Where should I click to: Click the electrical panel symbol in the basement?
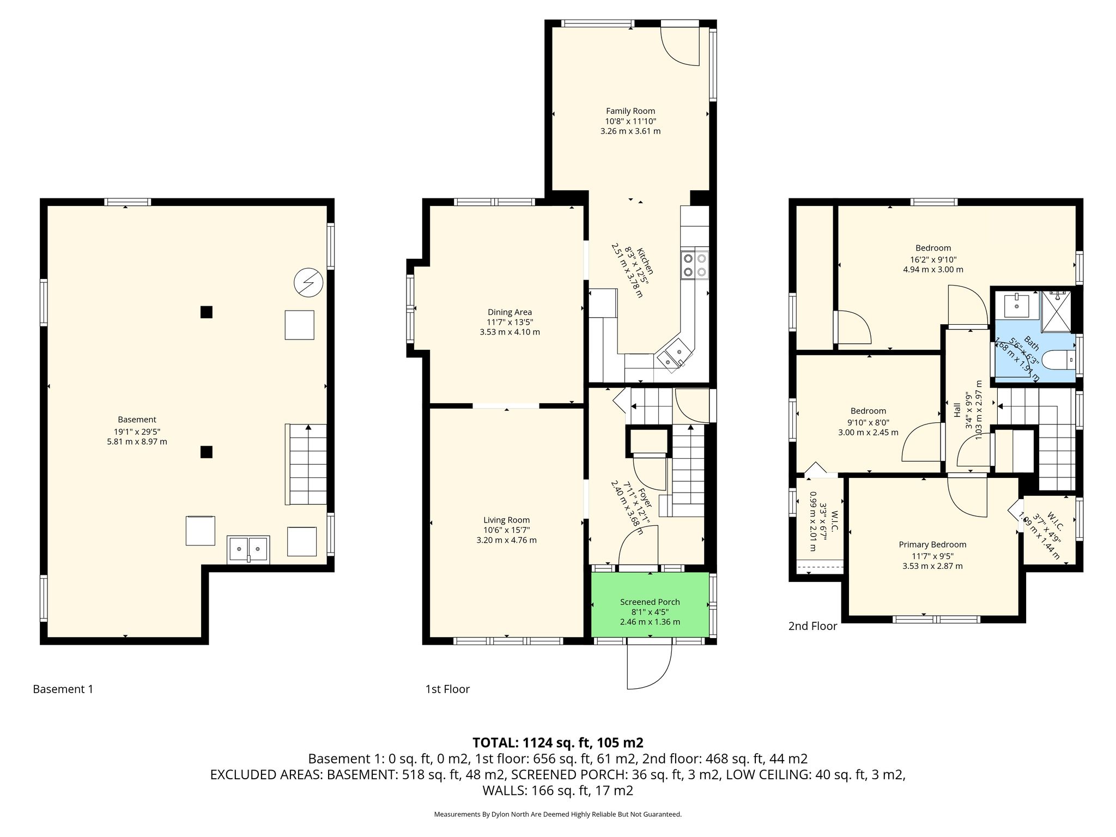tap(308, 282)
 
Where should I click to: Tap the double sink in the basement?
tap(248, 549)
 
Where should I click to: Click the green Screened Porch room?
tap(650, 604)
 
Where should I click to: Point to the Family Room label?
tap(630, 111)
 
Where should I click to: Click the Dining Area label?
tap(510, 312)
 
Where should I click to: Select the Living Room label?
tap(507, 520)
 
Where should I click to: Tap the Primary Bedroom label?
tap(932, 544)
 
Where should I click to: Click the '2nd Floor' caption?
tap(812, 626)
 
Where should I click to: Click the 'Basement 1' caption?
tap(63, 689)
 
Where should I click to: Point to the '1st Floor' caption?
tap(447, 689)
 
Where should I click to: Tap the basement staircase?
tap(306, 464)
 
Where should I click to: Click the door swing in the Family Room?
tap(680, 46)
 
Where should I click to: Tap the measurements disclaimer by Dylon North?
tap(557, 814)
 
